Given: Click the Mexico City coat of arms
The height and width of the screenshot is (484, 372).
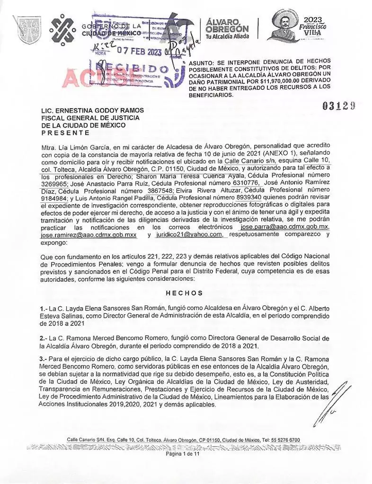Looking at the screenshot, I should coord(27,29).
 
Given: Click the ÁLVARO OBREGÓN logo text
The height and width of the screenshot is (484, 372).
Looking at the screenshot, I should coord(227,26).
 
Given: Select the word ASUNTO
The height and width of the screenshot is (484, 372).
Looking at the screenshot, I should coord(202,62).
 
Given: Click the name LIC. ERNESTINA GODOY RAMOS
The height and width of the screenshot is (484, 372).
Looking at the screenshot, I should coord(93,111).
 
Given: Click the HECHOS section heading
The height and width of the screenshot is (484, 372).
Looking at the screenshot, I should coord(185,293).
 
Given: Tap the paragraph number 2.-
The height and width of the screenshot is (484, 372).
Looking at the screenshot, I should coord(44,338).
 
